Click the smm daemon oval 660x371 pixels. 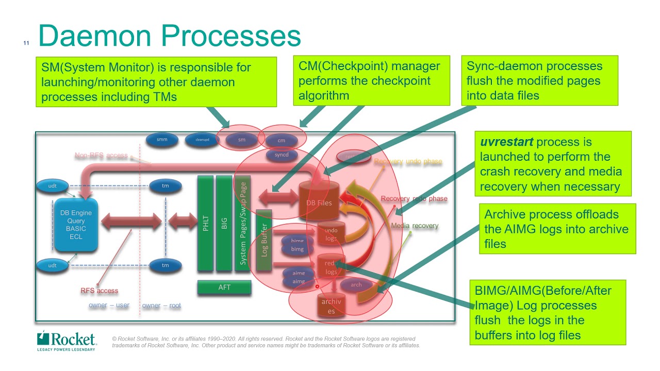pos(162,140)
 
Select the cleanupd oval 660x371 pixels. pos(202,140)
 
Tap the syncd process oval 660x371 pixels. pos(282,155)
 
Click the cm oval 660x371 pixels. pos(282,140)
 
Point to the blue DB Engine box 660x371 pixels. pos(76,225)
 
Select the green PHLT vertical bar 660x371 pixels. pos(206,223)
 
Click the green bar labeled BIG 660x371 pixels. pos(224,223)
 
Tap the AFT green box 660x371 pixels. pos(224,288)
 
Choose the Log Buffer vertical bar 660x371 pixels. pos(264,240)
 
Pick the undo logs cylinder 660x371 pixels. pos(331,234)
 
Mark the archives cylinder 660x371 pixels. pos(331,305)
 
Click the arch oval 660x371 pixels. pos(356,284)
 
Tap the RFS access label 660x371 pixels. pos(100,291)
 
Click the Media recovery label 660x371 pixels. pos(415,226)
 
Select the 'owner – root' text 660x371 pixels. pos(161,306)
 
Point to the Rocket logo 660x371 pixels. pos(67,340)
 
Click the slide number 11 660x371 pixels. pos(26,43)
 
